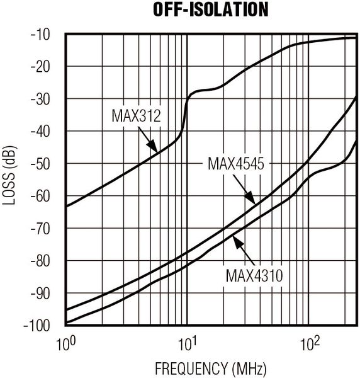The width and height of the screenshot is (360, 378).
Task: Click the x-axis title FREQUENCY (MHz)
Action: tap(210, 367)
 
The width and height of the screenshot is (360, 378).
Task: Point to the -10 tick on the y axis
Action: tap(45, 34)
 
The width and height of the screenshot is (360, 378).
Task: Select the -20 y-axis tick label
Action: tap(45, 66)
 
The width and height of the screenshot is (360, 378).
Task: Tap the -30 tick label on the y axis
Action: tap(45, 99)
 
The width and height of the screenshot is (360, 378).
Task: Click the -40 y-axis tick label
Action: tap(45, 131)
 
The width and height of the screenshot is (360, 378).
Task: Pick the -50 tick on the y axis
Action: tap(45, 164)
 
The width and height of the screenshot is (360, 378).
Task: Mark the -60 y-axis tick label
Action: tap(45, 196)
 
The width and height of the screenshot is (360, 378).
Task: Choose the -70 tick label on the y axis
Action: tap(45, 228)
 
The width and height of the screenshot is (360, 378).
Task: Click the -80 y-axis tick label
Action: tap(45, 261)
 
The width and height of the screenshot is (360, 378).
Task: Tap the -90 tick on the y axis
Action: tap(45, 293)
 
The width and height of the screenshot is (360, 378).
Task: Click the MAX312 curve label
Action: tap(137, 116)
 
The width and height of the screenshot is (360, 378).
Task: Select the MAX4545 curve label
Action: tap(235, 164)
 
